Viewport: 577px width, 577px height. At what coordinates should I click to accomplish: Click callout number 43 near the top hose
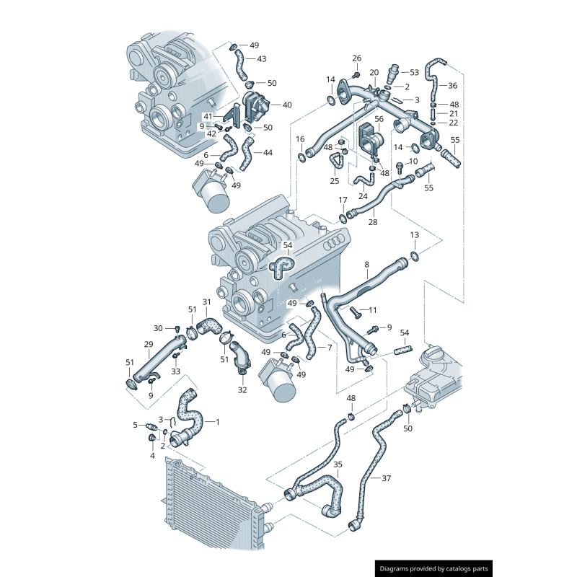[x=261, y=59]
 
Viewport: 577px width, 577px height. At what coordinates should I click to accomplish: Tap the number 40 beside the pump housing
[x=287, y=105]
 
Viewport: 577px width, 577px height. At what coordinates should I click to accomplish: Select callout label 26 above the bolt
[x=356, y=58]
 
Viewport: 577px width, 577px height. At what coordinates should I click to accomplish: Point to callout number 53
[x=414, y=72]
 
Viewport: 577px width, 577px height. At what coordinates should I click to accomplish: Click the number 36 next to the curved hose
[x=452, y=85]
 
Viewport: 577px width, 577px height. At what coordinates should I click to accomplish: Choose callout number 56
[x=379, y=118]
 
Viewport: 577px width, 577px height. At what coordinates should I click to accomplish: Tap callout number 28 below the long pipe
[x=372, y=222]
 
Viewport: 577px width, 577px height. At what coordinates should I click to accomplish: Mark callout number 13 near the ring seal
[x=414, y=235]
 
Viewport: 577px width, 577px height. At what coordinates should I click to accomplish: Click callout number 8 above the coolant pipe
[x=366, y=265]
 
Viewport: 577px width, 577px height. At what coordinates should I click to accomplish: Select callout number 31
[x=206, y=301]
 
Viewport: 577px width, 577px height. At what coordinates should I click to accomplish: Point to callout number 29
[x=149, y=344]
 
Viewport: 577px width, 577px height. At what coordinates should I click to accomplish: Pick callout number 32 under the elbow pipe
[x=242, y=390]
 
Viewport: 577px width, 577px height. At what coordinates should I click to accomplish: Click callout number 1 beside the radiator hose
[x=217, y=420]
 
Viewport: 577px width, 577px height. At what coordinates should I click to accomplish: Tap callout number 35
[x=338, y=464]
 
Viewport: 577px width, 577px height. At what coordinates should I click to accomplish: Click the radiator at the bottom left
[x=209, y=505]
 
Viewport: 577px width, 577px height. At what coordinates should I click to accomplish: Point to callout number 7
[x=329, y=347]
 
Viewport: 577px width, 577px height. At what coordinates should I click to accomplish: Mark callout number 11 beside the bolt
[x=373, y=310]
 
